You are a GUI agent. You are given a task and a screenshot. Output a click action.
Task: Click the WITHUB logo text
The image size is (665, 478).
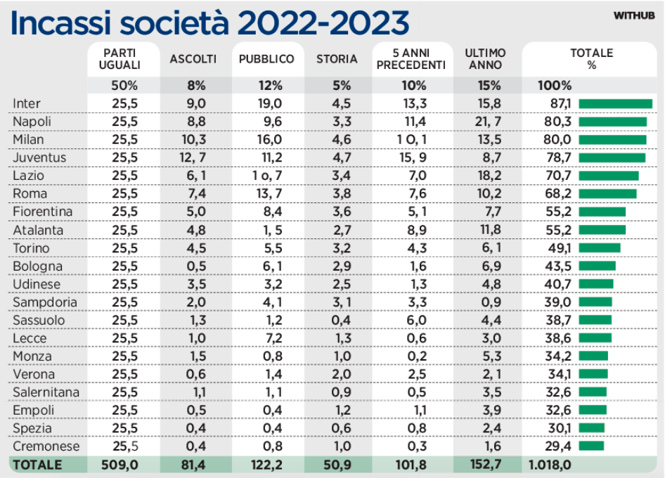pyautogui.click(x=634, y=15)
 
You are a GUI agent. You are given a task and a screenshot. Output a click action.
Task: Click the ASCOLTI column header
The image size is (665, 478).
pyautogui.click(x=193, y=60)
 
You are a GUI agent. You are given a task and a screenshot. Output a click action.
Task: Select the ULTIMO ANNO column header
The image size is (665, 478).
pyautogui.click(x=484, y=59)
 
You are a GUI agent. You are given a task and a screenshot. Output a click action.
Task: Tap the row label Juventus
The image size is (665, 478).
pyautogui.click(x=39, y=157)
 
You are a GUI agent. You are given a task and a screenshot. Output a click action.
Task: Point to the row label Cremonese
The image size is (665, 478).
pyautogui.click(x=46, y=446)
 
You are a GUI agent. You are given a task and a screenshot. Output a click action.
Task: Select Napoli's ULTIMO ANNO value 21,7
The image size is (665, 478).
pyautogui.click(x=484, y=122)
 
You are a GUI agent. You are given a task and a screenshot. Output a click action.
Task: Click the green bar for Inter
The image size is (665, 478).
pyautogui.click(x=615, y=103)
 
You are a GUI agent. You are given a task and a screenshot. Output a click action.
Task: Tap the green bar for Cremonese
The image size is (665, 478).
pyautogui.click(x=591, y=446)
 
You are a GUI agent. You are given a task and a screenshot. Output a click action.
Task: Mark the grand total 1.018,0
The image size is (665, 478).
pyautogui.click(x=549, y=465)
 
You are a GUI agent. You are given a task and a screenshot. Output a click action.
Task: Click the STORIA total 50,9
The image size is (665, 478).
pyautogui.click(x=337, y=465)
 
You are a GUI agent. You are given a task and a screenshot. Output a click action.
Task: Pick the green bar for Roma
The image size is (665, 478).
pyautogui.click(x=607, y=193)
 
